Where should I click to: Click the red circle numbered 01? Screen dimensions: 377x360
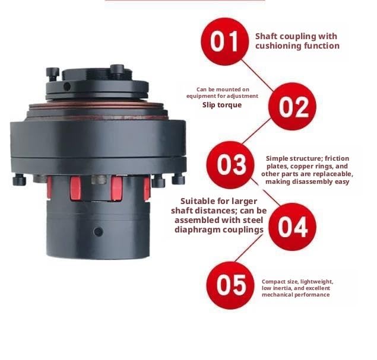click(224, 42)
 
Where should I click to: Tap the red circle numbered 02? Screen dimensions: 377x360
click(292, 106)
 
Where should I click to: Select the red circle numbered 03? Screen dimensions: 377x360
click(230, 165)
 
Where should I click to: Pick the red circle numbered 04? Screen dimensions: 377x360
click(292, 227)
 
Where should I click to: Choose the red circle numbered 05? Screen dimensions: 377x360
click(230, 285)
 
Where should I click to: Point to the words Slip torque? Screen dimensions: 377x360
click(222, 105)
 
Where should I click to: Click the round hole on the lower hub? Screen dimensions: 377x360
click(98, 232)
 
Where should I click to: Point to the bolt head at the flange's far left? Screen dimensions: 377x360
click(19, 180)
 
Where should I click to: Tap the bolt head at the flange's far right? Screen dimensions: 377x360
click(178, 179)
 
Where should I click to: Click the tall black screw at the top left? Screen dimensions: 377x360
click(52, 74)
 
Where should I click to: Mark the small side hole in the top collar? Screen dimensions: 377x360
click(67, 87)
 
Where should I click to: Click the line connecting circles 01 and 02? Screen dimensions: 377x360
click(258, 75)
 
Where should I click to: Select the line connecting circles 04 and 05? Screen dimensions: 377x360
click(248, 248)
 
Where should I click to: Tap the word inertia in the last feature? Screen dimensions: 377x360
click(279, 288)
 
